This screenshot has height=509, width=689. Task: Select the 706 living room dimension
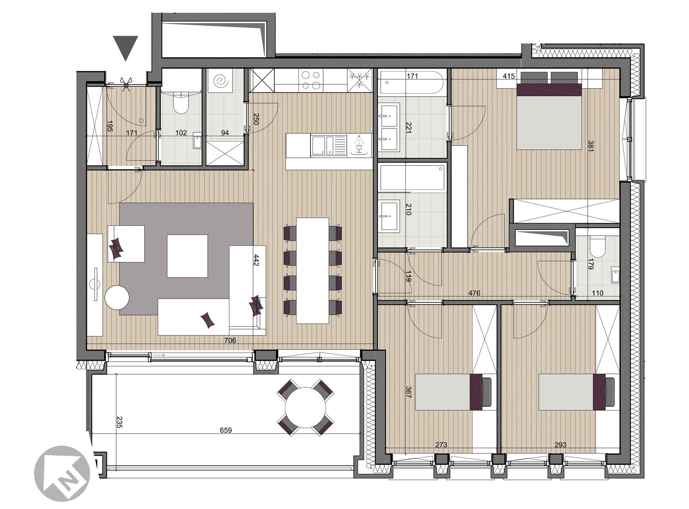click(230, 340)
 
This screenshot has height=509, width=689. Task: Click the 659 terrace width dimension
click(226, 431)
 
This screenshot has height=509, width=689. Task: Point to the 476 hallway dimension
click(474, 293)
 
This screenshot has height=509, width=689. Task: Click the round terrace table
click(306, 407)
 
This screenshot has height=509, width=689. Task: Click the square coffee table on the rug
click(187, 256)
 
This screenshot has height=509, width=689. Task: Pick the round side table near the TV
click(117, 297)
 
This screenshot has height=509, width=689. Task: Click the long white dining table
click(312, 271)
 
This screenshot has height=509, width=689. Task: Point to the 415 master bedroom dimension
click(508, 76)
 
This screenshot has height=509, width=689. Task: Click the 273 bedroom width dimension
click(441, 445)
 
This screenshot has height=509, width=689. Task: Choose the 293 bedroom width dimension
click(560, 445)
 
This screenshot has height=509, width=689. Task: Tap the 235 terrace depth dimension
click(118, 422)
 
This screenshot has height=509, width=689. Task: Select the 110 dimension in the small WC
click(597, 293)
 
